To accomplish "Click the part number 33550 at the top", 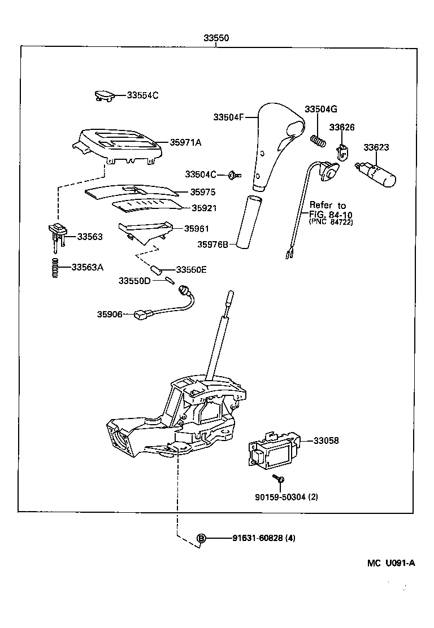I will click(216, 38).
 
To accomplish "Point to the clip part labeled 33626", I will click(342, 151).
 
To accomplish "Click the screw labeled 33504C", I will click(233, 175).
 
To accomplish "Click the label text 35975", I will click(202, 192).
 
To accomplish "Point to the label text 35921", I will click(204, 208).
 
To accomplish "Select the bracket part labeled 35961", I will click(144, 230).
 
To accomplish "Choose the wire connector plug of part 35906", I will click(141, 315).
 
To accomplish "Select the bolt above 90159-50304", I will click(279, 479).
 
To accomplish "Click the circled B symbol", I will click(201, 538).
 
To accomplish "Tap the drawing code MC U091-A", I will click(390, 562).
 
